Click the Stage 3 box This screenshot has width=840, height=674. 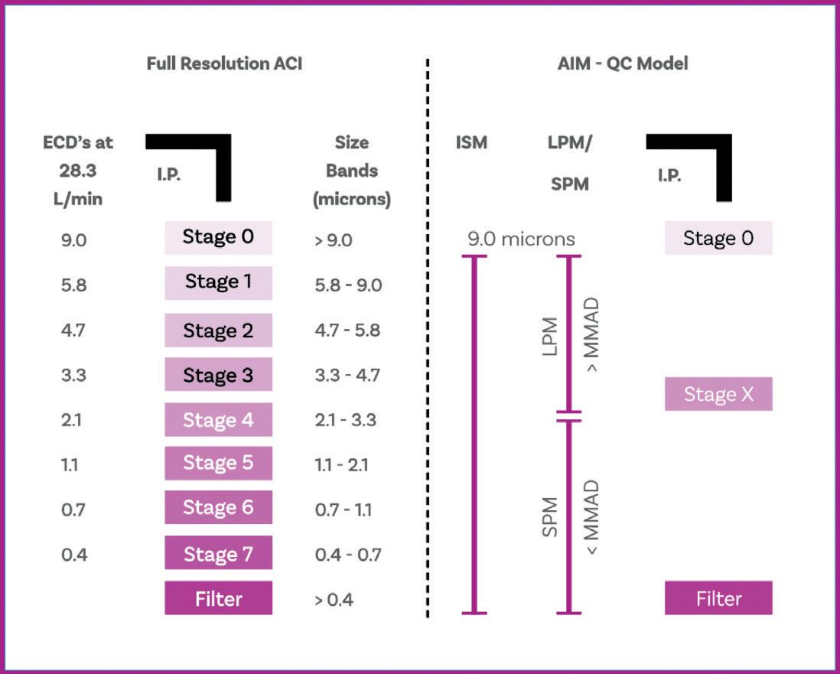[218, 375]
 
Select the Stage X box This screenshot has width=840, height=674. [718, 394]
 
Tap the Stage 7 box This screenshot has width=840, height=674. [218, 553]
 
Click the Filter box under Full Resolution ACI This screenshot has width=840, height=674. [218, 598]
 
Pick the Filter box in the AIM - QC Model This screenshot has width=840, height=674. [718, 598]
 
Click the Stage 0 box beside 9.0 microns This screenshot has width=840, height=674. [718, 238]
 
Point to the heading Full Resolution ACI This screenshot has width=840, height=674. [224, 63]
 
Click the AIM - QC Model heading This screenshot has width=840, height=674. [623, 63]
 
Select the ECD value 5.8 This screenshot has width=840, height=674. [73, 285]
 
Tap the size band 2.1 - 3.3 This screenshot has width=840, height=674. [346, 420]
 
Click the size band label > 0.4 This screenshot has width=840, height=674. [334, 599]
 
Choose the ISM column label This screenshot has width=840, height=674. [471, 142]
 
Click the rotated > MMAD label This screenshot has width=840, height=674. [591, 334]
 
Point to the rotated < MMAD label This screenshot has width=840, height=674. [591, 519]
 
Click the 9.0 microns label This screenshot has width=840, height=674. [521, 239]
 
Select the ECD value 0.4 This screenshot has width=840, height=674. [73, 554]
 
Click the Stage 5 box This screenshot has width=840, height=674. [218, 464]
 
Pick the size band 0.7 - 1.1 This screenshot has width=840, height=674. [343, 510]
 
